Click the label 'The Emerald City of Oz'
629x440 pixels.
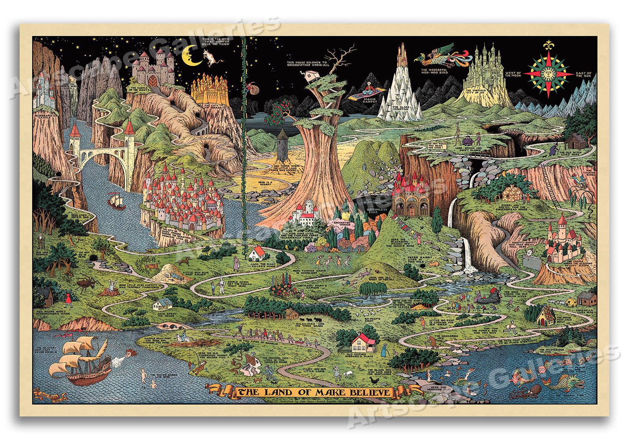click(476, 91)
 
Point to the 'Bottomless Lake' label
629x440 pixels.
click(377, 211)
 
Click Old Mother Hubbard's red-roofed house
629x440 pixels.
click(364, 342)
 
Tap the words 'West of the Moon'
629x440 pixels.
click(513, 74)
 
